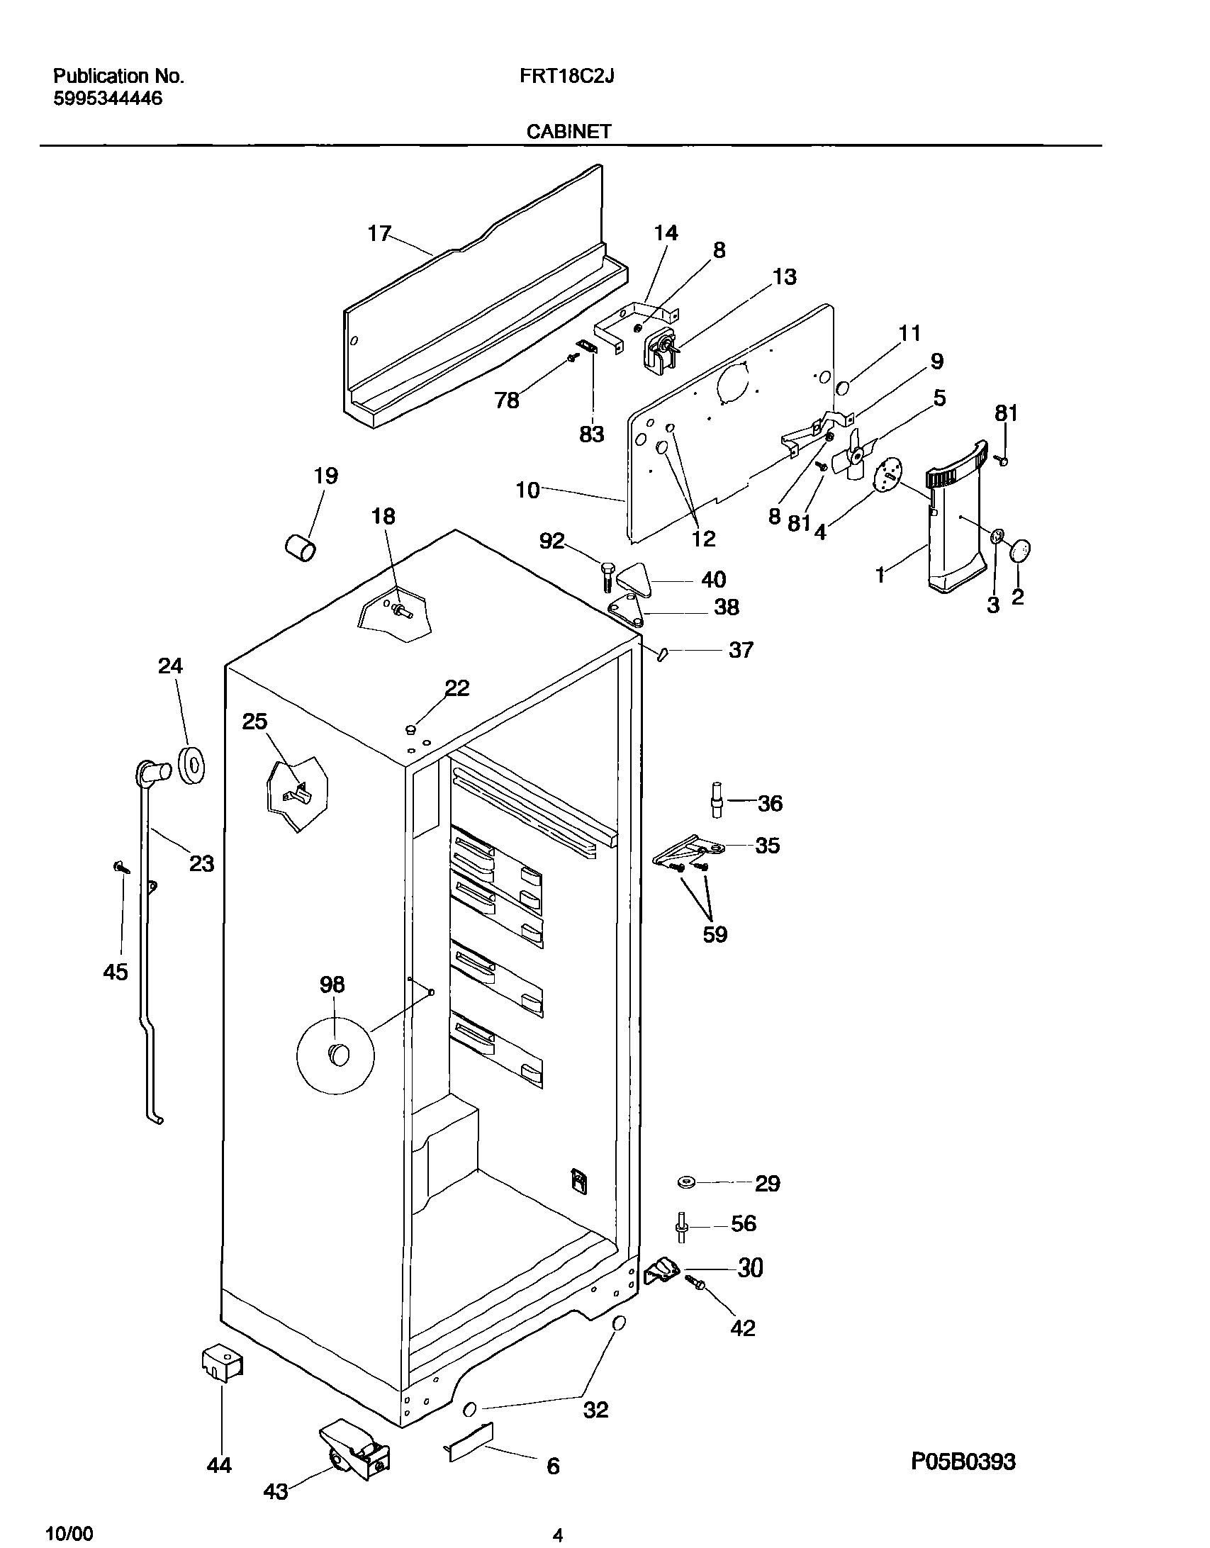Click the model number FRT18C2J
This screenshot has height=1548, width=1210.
tap(566, 77)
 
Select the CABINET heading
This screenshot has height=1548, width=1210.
tap(568, 131)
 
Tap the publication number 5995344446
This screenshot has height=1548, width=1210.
tap(108, 99)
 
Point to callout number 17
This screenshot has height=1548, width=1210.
tap(379, 233)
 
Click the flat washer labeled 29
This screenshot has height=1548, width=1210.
tap(686, 1182)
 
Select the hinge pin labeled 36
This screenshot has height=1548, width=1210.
tap(717, 800)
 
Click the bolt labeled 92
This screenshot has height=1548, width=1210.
tap(608, 575)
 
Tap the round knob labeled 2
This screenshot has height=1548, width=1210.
tap(1020, 551)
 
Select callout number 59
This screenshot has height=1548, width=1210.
tap(715, 934)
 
